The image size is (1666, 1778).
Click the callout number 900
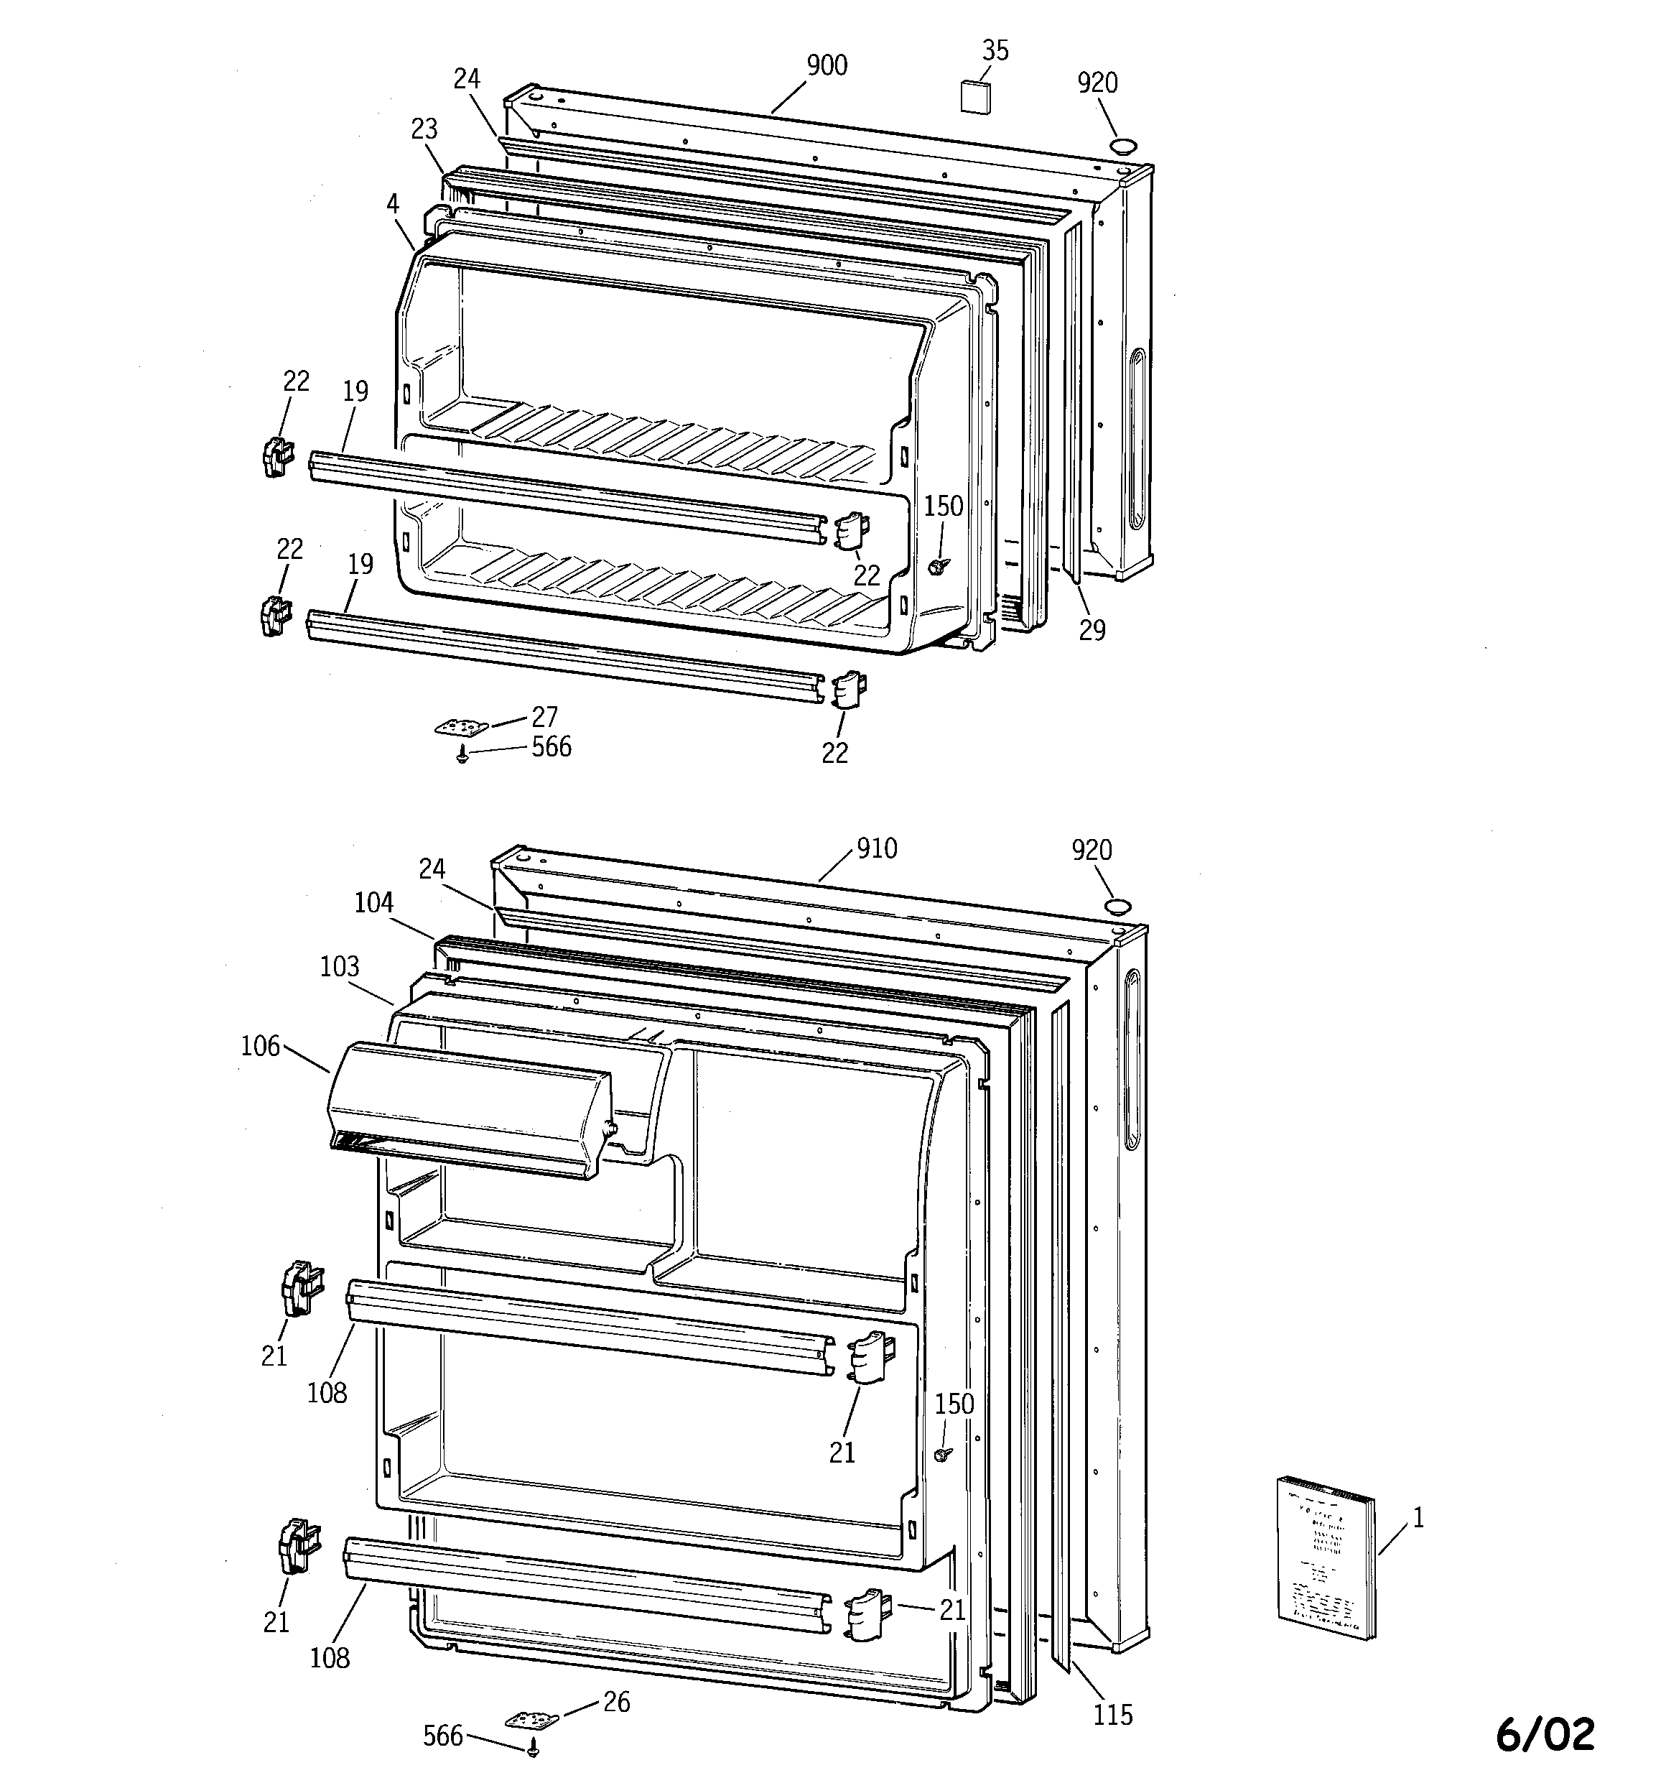click(x=827, y=65)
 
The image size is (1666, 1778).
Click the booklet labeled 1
click(x=1326, y=1558)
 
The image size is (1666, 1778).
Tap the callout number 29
click(x=1092, y=631)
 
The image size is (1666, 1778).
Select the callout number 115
click(x=1112, y=1715)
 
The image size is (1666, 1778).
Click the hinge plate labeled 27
click(x=460, y=727)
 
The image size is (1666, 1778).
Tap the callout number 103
click(x=340, y=966)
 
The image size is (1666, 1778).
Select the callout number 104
click(x=374, y=902)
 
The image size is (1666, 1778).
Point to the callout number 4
click(x=393, y=204)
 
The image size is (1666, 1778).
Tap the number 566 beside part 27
click(x=551, y=747)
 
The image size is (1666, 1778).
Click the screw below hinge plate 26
click(x=534, y=1745)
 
